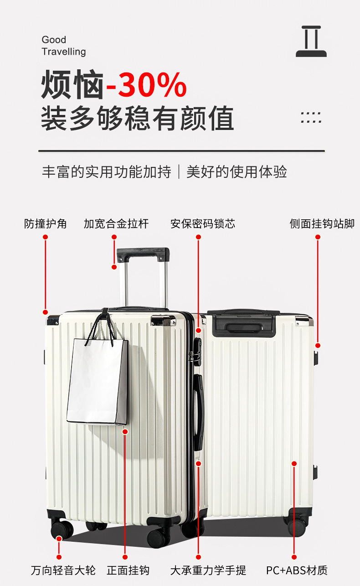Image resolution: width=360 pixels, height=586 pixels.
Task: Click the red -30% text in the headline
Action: click(146, 85)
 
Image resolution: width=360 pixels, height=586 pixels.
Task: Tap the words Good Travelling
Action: click(63, 46)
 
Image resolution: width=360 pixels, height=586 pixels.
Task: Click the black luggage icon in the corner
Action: click(311, 41)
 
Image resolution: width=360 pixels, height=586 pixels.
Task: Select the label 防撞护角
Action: click(46, 224)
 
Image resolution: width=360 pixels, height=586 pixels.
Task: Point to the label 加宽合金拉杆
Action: click(116, 224)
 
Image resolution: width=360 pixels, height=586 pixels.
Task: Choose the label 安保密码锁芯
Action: click(203, 224)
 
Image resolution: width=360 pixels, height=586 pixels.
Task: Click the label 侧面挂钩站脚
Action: click(322, 224)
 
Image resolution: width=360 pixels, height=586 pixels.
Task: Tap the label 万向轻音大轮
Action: click(63, 570)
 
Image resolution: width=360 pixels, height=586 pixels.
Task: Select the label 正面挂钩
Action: click(128, 570)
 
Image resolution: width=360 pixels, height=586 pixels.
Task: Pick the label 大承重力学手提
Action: click(208, 570)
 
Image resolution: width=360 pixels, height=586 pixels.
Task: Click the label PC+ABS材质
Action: click(297, 570)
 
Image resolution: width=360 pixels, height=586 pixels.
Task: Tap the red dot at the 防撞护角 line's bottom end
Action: click(46, 312)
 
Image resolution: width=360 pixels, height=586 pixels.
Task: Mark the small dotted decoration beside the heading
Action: click(311, 118)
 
